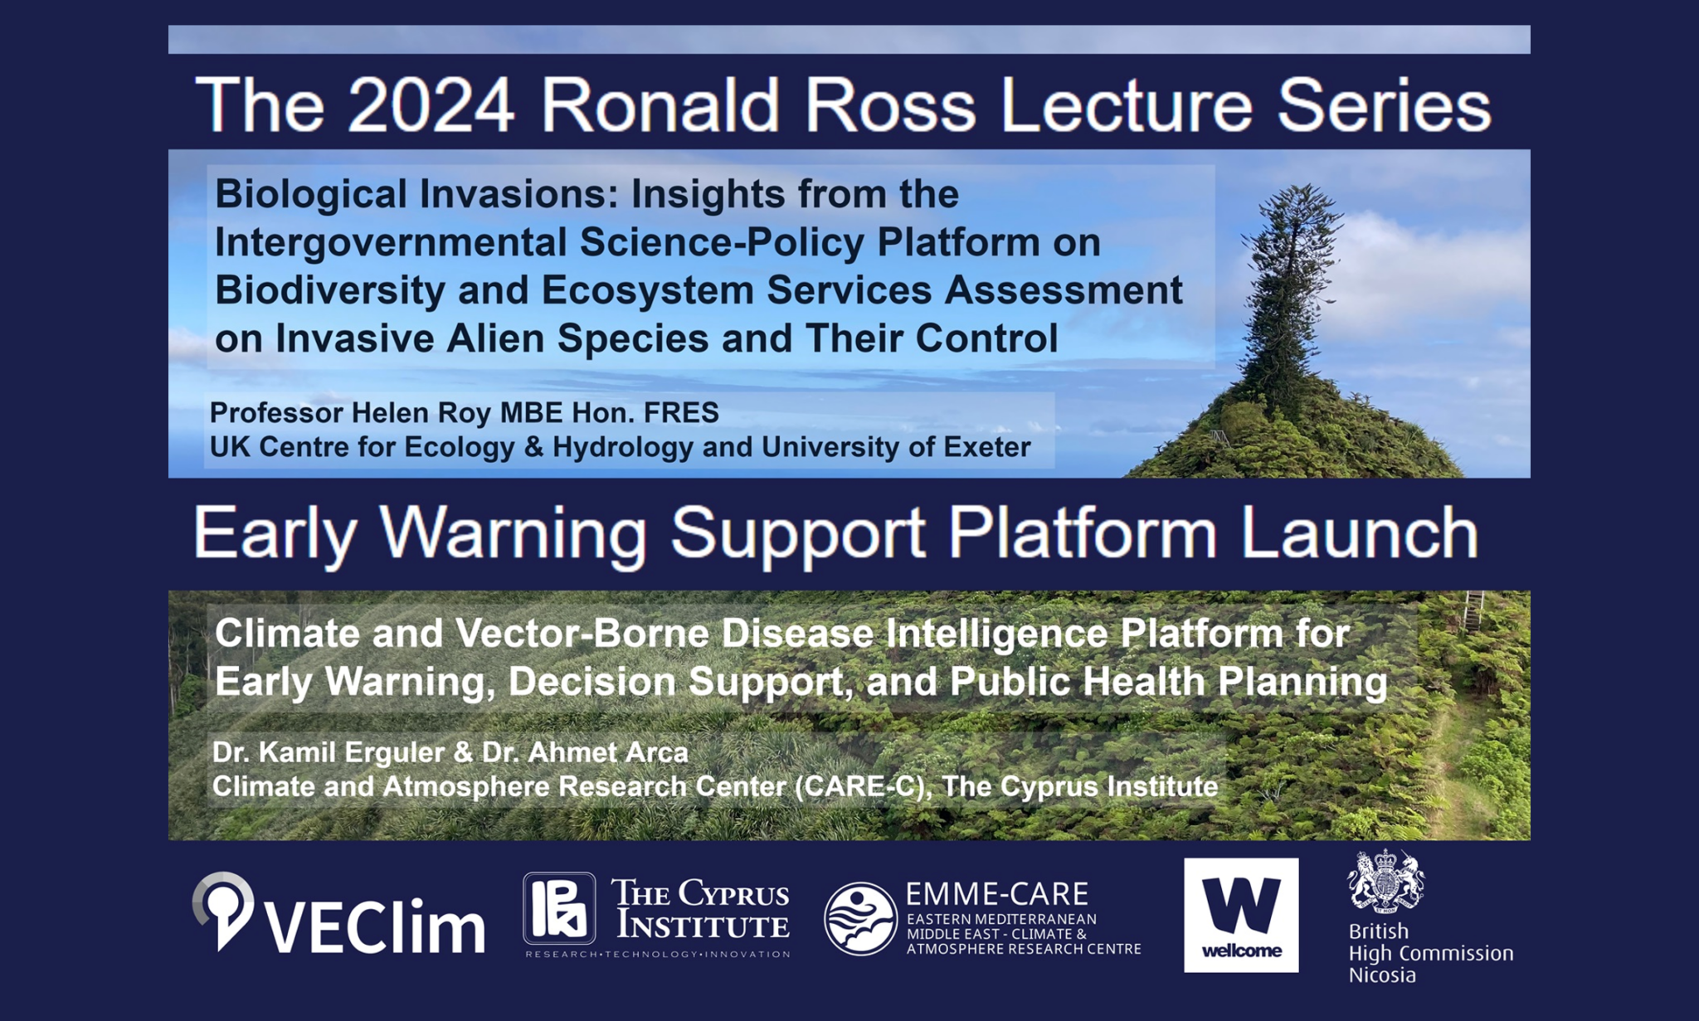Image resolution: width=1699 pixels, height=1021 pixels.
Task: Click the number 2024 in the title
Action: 431,105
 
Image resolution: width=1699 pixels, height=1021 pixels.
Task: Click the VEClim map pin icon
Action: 223,910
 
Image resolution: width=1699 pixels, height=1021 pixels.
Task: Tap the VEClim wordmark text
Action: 375,926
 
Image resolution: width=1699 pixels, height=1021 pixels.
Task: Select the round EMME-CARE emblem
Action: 860,918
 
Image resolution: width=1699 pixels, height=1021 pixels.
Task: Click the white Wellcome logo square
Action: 1241,915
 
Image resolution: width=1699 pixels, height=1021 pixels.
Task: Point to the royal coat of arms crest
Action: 1386,881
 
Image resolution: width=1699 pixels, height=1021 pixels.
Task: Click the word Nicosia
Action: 1382,975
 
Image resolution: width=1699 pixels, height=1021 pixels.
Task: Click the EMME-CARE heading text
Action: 997,894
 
